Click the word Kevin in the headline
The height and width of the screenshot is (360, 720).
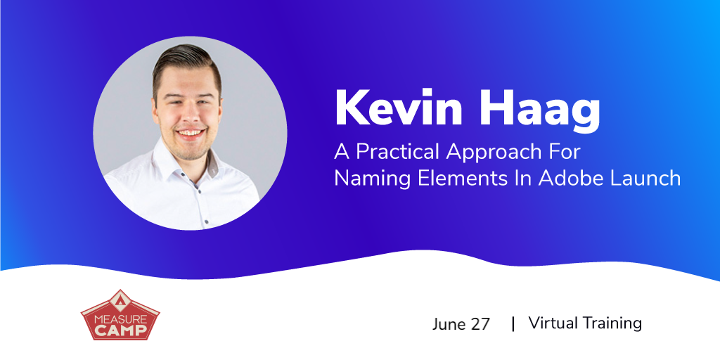397,108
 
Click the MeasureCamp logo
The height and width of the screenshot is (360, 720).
120,316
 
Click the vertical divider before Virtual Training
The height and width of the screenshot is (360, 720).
513,323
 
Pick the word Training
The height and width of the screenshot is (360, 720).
612,323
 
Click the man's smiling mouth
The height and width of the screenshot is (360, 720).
190,134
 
